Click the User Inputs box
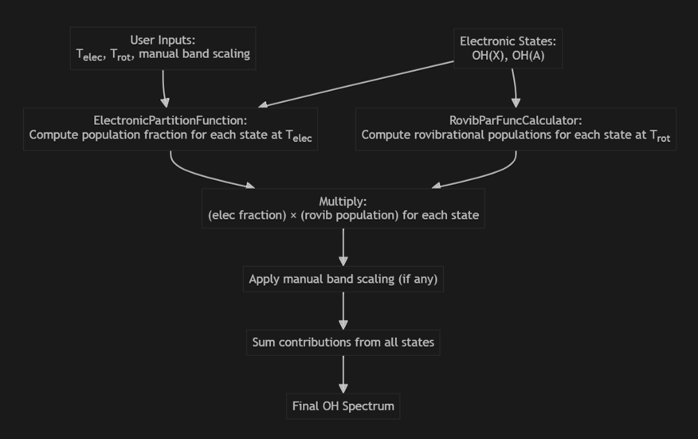tap(163, 48)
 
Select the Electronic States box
tap(508, 48)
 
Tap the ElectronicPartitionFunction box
tap(171, 129)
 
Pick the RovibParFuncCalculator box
tap(516, 129)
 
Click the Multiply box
tap(343, 209)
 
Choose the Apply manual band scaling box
tap(343, 279)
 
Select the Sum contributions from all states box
tap(343, 343)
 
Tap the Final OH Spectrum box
tap(343, 406)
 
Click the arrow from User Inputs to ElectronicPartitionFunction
tap(163, 88)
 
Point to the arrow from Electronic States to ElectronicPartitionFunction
tap(356, 84)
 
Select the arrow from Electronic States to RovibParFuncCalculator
tap(515, 88)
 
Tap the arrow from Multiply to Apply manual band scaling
tap(343, 247)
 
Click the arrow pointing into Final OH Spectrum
tap(343, 374)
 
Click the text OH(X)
tap(488, 56)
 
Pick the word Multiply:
tap(343, 202)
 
